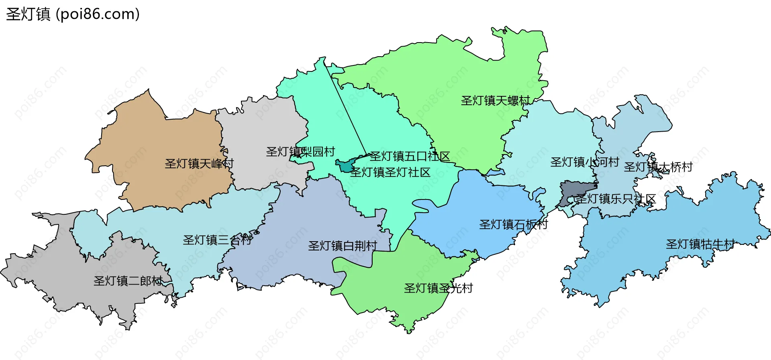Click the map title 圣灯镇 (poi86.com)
(x=73, y=14)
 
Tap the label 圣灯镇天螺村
(x=495, y=100)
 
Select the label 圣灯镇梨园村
(x=300, y=152)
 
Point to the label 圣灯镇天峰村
(x=199, y=164)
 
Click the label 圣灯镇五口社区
(x=410, y=156)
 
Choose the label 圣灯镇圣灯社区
(x=390, y=172)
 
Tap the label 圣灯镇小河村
(x=584, y=162)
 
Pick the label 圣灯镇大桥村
(x=658, y=167)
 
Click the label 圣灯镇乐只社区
(x=616, y=199)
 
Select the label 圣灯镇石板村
(x=513, y=224)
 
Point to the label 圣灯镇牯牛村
(x=700, y=244)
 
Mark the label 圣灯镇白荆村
(x=343, y=246)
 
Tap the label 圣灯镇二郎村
(x=128, y=281)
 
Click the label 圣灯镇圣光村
(x=438, y=288)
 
